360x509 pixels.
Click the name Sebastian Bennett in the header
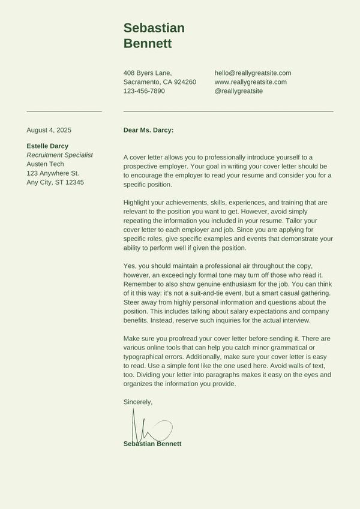(x=154, y=35)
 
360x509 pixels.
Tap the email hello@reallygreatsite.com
(x=253, y=73)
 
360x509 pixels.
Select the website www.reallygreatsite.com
(x=250, y=82)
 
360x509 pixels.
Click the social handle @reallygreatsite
(x=238, y=91)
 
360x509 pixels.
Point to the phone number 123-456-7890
(x=144, y=91)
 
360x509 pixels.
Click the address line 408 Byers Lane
(x=147, y=73)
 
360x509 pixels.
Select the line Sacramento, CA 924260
(x=160, y=82)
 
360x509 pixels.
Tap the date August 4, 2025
(x=49, y=129)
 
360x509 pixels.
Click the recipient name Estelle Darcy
(x=47, y=146)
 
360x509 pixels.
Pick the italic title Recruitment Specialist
(x=59, y=155)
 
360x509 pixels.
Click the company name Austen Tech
(x=45, y=164)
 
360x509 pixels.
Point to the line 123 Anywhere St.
(x=53, y=173)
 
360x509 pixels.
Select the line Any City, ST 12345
(x=55, y=182)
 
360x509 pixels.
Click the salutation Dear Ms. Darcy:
(x=148, y=129)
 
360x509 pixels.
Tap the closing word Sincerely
(x=138, y=402)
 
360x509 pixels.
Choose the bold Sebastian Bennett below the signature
(x=152, y=444)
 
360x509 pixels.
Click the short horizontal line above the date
(x=64, y=112)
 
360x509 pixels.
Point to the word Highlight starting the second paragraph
(x=137, y=202)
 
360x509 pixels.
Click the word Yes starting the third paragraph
(x=130, y=266)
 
